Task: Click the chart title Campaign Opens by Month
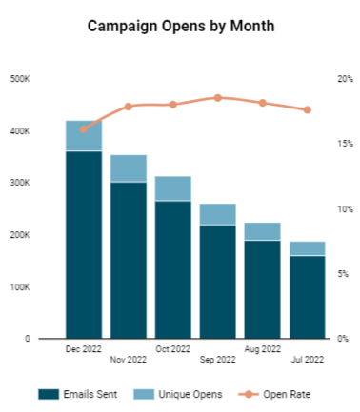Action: click(180, 27)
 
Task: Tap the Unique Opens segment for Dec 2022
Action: click(84, 135)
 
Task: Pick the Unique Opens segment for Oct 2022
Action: click(173, 188)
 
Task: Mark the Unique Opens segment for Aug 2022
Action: click(263, 231)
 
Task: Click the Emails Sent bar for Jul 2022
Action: click(308, 297)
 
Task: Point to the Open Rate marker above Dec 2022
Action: click(84, 128)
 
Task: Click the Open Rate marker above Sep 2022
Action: click(218, 97)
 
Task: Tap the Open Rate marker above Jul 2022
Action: click(308, 109)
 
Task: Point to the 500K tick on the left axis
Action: click(20, 79)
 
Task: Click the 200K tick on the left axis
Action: click(20, 234)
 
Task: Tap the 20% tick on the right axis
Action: click(345, 79)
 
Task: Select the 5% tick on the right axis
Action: click(345, 273)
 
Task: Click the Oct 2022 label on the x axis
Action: click(173, 349)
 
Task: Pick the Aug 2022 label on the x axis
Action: click(263, 349)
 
